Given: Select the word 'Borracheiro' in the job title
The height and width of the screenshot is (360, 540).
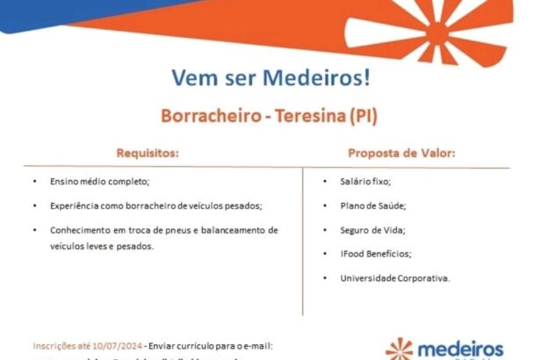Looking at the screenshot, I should [208, 115].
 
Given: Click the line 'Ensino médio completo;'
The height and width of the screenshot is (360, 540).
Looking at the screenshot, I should [100, 181].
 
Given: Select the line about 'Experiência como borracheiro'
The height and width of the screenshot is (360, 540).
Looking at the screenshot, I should [156, 205].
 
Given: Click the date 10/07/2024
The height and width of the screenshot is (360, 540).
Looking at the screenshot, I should [115, 345].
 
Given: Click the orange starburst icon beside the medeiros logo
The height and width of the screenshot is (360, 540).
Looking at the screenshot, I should [400, 349].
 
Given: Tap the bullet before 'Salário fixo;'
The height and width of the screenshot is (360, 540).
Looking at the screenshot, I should [326, 181].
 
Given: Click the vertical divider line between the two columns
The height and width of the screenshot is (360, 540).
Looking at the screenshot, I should [304, 228].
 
